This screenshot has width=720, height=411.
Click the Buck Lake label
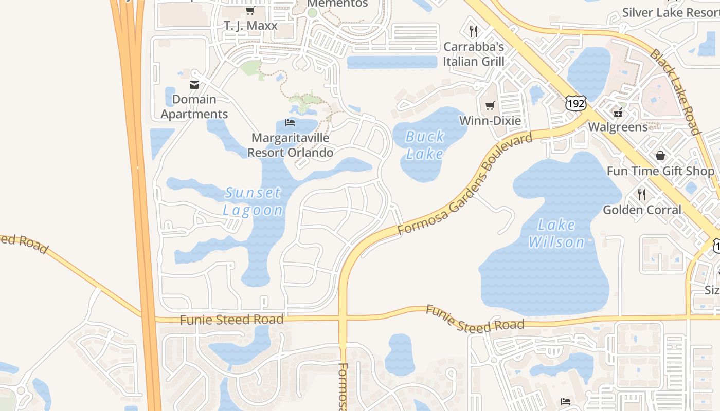[425, 145]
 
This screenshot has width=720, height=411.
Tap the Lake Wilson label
[556, 233]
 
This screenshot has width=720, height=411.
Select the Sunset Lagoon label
[253, 201]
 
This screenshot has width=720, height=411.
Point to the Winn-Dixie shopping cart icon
[490, 105]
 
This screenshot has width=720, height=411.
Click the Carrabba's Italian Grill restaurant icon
[474, 31]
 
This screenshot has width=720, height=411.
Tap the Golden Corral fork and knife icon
[642, 194]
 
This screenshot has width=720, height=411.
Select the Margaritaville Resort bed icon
[290, 122]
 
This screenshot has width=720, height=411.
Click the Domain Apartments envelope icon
[194, 84]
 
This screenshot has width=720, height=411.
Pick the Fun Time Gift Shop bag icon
[660, 155]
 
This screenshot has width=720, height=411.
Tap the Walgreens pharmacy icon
[618, 112]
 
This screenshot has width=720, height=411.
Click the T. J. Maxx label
[250, 25]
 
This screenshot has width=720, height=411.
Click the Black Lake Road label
[675, 91]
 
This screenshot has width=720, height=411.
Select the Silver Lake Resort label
[670, 12]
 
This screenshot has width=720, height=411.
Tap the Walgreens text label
[618, 126]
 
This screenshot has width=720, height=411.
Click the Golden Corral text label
[642, 210]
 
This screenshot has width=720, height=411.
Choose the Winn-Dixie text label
[490, 121]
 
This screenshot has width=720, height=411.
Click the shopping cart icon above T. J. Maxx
[250, 10]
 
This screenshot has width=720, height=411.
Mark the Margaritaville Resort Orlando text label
[290, 145]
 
